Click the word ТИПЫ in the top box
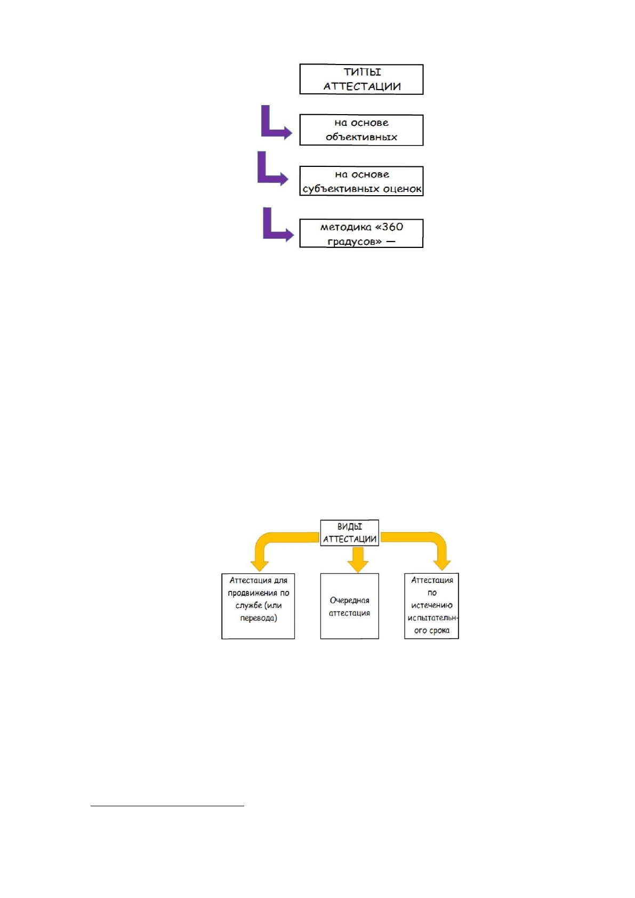pos(362,72)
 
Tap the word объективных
pos(361,137)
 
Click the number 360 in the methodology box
pos(392,227)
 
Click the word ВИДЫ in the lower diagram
pos(349,527)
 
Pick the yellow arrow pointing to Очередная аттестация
pos(358,559)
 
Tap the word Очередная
pos(349,600)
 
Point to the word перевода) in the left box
pos(258,618)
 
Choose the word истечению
pos(431,605)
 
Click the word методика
pos(345,227)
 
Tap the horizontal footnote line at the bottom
pos(167,805)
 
